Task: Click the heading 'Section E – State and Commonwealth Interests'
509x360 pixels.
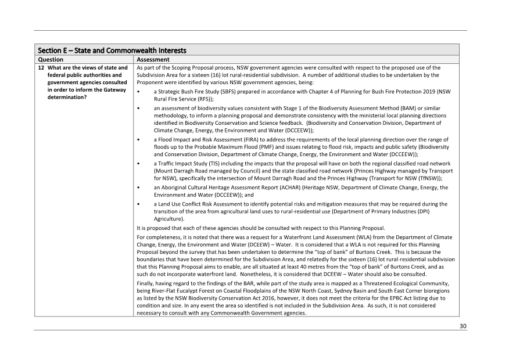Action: click(x=112, y=50)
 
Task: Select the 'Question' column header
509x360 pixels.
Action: click(x=51, y=59)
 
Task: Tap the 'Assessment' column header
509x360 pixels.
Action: click(x=153, y=59)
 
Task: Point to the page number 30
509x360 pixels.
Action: click(x=463, y=326)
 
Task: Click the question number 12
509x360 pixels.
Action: click(x=42, y=68)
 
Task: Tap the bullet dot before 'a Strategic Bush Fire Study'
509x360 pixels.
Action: click(x=138, y=92)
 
